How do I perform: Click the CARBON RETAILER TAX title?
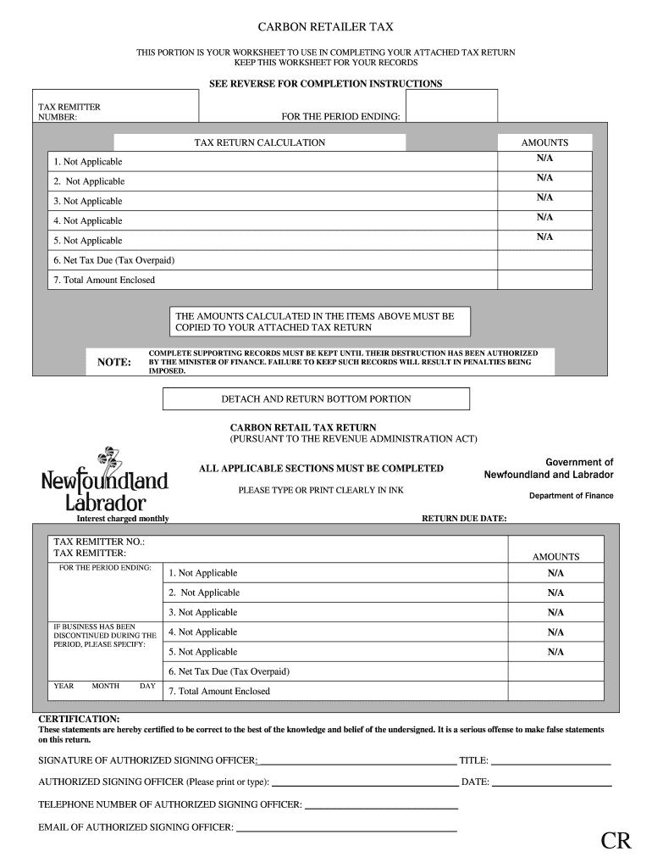325,27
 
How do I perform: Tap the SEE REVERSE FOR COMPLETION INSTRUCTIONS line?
325,84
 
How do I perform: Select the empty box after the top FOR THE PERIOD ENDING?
450,106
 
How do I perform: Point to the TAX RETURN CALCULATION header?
260,142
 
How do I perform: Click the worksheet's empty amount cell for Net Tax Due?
544,260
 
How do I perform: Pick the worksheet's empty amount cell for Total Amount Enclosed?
544,280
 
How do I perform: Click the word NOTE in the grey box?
114,362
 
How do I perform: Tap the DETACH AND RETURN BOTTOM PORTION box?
316,398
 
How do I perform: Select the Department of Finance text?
571,496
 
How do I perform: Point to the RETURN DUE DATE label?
464,518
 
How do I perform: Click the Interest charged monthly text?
123,518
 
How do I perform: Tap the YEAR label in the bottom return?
64,686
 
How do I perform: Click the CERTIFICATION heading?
79,718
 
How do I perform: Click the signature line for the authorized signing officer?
356,761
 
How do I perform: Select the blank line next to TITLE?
551,761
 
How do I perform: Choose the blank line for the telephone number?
381,805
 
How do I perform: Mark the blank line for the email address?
347,827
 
